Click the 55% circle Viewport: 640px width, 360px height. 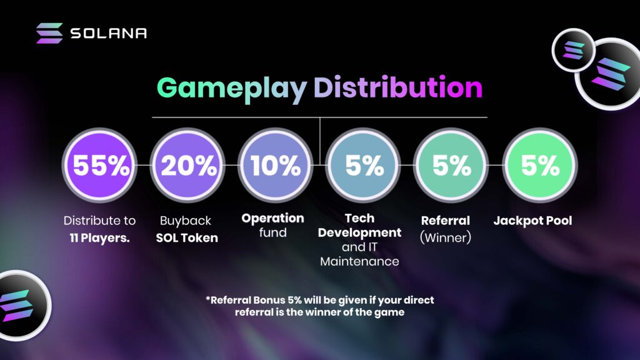99,165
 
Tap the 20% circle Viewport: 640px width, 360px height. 187,165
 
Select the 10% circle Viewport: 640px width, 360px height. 276,165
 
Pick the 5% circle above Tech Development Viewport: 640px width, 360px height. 363,165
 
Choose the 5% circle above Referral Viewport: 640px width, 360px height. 451,165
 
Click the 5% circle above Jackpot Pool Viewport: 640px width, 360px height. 539,165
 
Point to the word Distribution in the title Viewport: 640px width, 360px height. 398,87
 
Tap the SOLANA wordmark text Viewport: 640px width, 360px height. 109,33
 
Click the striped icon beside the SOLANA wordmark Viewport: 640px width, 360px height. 49,33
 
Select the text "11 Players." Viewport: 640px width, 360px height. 99,237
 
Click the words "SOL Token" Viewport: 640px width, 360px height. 187,237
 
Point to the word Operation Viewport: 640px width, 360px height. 272,218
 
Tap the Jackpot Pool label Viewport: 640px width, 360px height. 532,221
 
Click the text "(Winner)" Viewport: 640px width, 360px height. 445,237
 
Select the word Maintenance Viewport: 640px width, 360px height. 359,261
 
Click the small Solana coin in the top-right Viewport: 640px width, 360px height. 574,50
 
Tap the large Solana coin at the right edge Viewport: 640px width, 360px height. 608,74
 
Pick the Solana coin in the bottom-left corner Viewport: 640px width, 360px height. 22,305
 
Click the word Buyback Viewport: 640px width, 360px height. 185,221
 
